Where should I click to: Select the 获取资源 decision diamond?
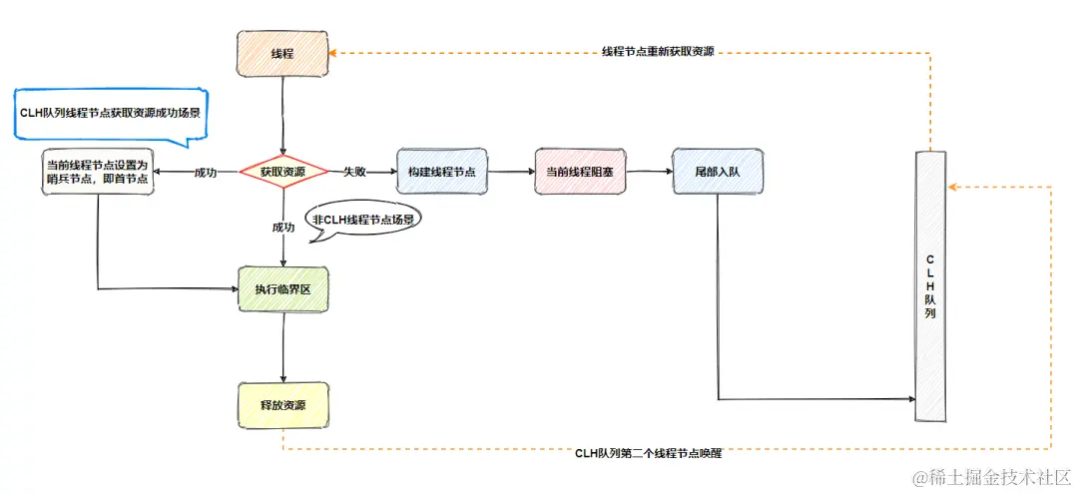coord(282,172)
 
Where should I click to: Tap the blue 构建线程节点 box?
coord(441,172)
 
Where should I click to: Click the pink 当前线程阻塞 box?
coord(579,172)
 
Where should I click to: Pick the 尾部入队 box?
coord(717,172)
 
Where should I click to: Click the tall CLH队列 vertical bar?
coord(929,284)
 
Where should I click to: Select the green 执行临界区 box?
coord(282,289)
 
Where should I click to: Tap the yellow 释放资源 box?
coord(282,405)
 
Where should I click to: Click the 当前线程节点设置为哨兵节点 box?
coord(98,172)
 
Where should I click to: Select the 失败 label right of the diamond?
coord(354,172)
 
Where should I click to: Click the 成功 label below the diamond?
coord(282,228)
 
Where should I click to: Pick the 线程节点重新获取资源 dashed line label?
coord(658,51)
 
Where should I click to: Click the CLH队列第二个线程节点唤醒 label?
coord(648,452)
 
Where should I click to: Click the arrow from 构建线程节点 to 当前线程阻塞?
coord(510,172)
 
